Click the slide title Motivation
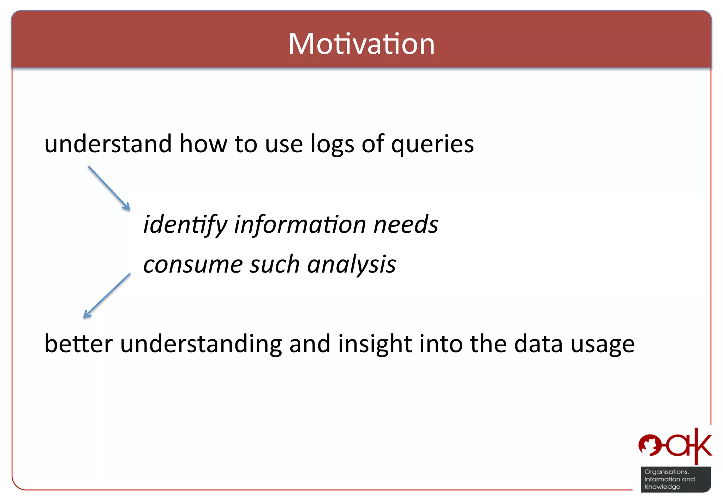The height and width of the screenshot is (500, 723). [361, 44]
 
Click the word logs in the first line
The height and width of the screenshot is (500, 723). [332, 145]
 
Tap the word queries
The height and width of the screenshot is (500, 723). [432, 145]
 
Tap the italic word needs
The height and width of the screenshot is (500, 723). [406, 224]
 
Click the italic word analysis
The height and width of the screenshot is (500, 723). [351, 265]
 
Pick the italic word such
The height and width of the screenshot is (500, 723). [275, 264]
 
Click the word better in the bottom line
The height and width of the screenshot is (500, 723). [78, 344]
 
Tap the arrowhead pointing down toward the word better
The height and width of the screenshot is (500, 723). [86, 315]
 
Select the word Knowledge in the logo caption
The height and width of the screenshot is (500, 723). [662, 487]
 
